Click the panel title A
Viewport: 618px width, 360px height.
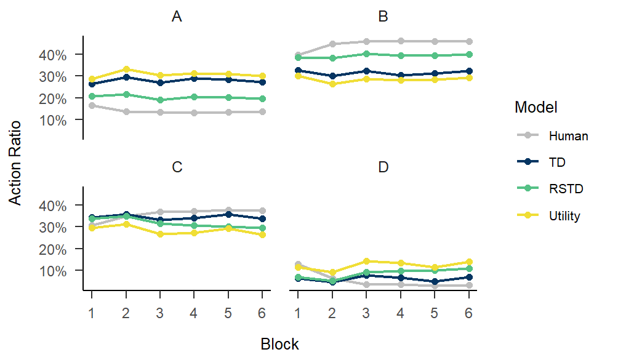coord(177,17)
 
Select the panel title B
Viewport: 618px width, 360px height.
coord(383,17)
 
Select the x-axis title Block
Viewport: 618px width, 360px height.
coord(279,344)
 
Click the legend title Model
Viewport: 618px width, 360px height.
coord(536,108)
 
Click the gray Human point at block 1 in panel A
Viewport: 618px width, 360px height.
coord(92,105)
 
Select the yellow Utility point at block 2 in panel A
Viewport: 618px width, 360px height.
coord(126,69)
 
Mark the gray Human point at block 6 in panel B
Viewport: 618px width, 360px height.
coord(469,41)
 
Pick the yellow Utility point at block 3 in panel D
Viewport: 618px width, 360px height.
coord(366,261)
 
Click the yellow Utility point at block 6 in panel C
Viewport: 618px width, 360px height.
coord(263,234)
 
